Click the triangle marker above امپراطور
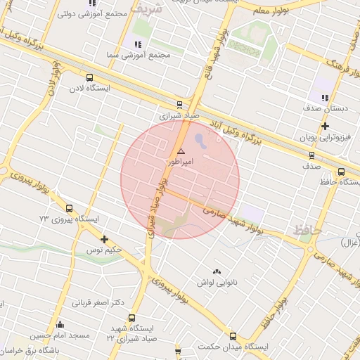click(181, 151)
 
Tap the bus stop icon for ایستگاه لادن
click(89, 78)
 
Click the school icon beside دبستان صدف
click(325, 98)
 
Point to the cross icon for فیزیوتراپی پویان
click(325, 127)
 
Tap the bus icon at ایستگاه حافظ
click(341, 172)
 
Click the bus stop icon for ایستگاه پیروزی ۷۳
click(69, 208)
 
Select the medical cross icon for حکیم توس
click(104, 239)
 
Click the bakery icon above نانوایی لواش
click(217, 271)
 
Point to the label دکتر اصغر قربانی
click(98, 303)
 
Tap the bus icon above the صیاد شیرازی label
click(180, 104)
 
